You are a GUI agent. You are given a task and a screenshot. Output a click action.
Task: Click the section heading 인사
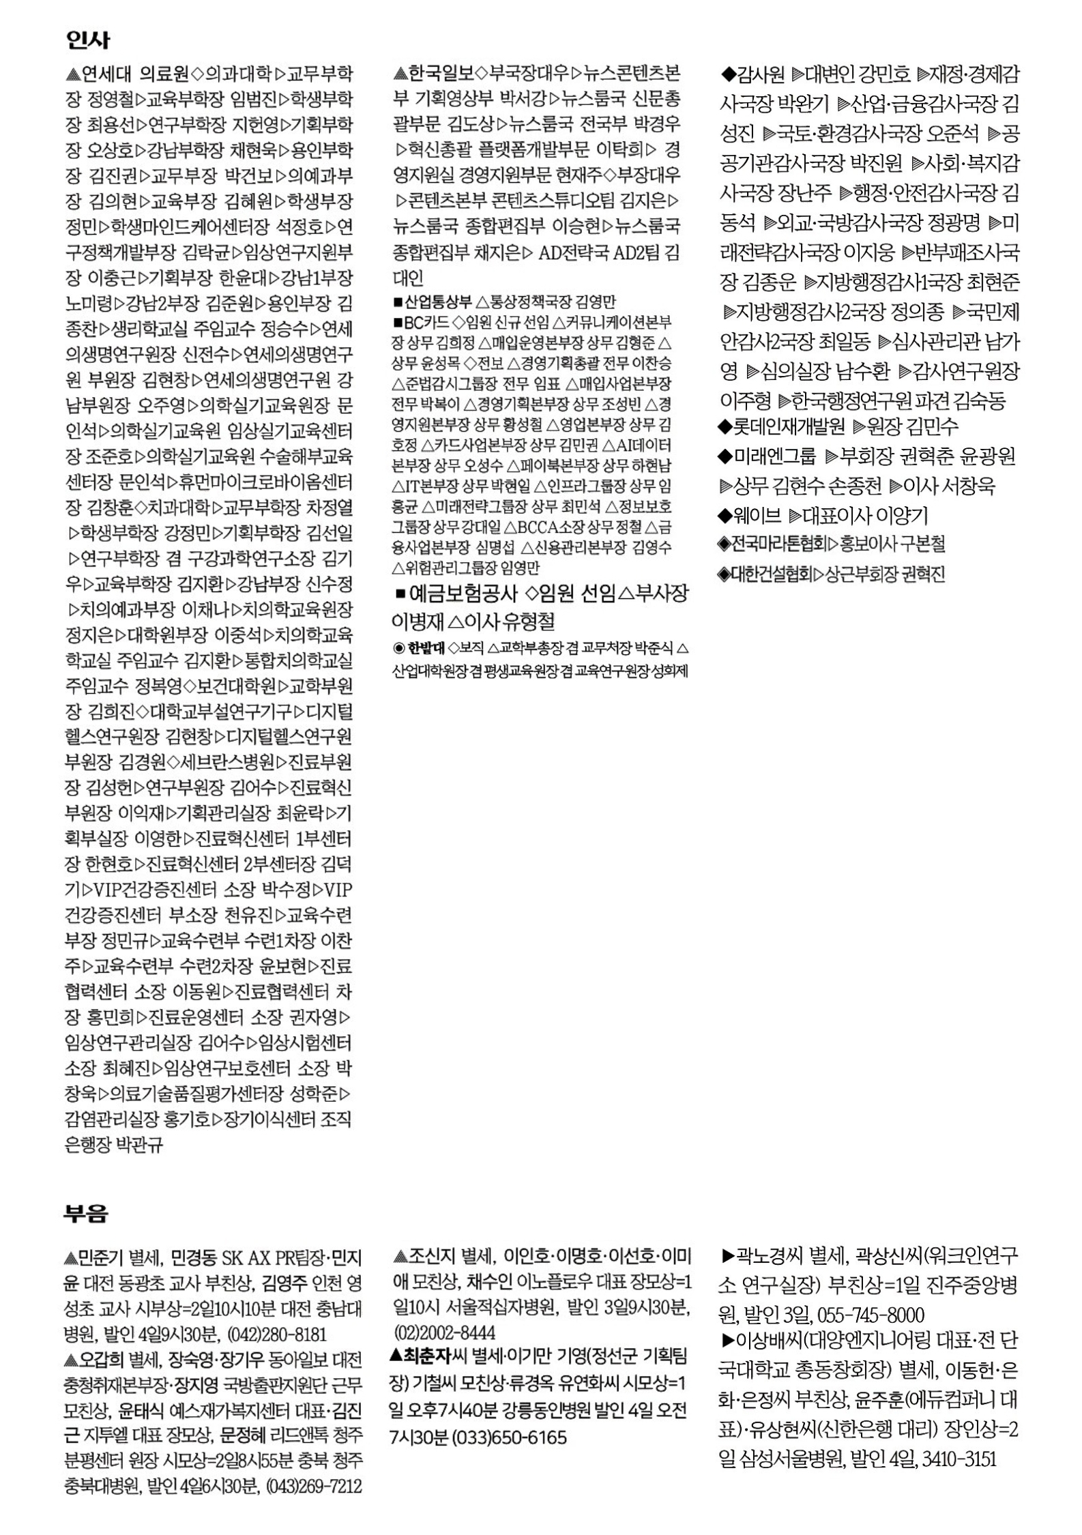[87, 40]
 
